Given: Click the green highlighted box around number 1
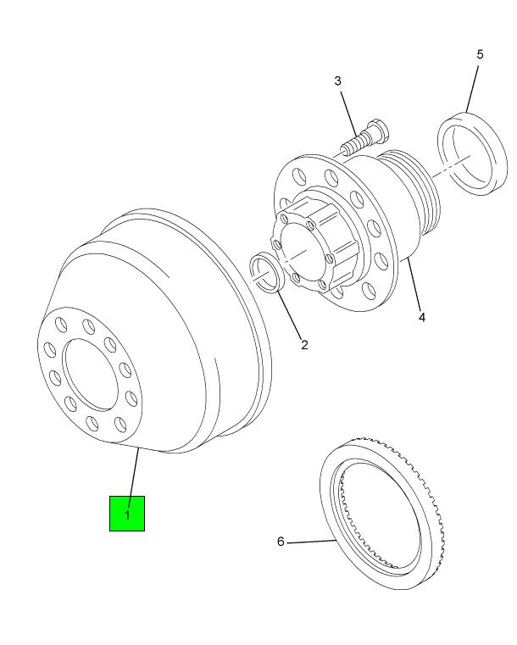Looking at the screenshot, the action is (x=126, y=514).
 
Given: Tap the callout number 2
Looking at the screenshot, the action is (x=304, y=345).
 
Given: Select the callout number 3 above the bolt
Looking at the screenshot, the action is (x=337, y=81).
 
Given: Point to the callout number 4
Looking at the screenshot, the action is (x=421, y=317).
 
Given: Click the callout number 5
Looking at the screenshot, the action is (x=480, y=54).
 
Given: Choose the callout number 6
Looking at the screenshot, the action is (x=281, y=542).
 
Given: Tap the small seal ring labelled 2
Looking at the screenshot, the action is (x=267, y=275).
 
